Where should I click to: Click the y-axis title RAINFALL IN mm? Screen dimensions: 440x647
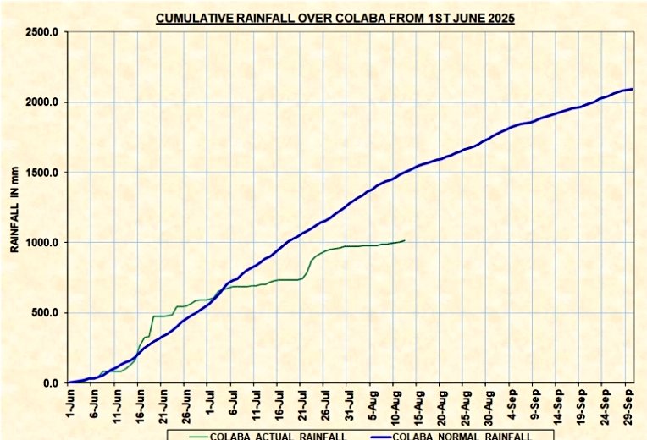14,205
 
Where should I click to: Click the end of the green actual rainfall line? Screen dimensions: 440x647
404,240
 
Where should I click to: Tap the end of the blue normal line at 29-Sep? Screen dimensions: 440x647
632,89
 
